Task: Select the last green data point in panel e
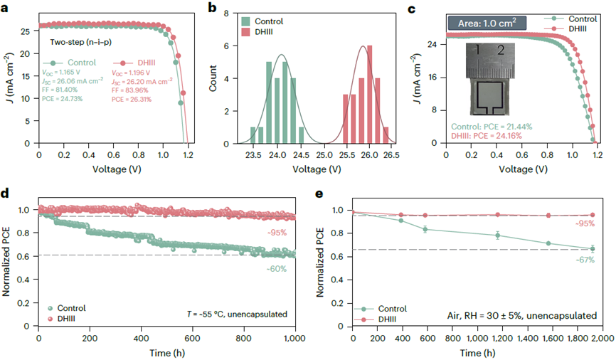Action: pyautogui.click(x=592, y=248)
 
